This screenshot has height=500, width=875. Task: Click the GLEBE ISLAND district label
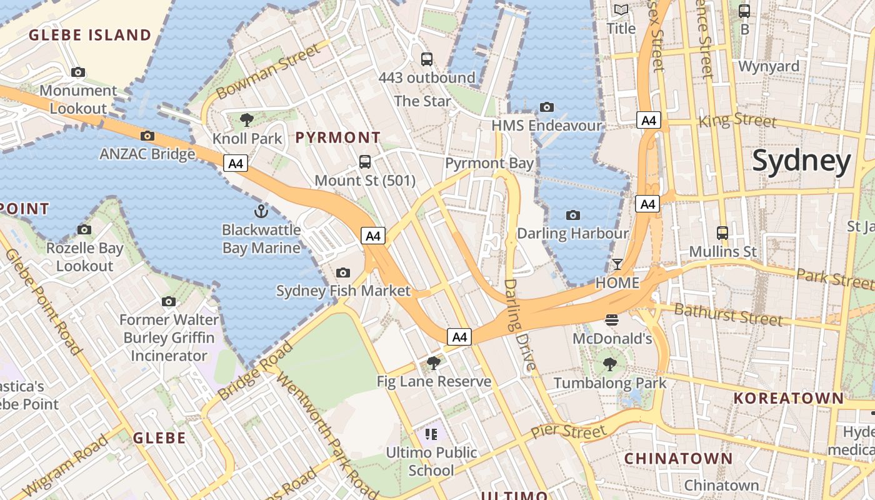pos(90,35)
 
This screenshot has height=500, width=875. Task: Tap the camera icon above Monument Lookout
pos(78,72)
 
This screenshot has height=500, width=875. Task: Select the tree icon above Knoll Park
pos(247,119)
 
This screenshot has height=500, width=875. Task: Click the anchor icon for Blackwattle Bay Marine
pos(261,211)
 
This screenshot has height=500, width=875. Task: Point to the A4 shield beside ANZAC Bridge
pos(236,164)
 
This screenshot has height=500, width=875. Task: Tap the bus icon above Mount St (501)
pos(365,162)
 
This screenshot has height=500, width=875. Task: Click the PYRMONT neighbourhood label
pos(337,137)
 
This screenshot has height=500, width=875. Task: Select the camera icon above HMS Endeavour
pos(547,107)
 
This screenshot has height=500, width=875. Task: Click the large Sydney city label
pos(801,161)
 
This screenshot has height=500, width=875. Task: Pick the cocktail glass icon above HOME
pos(617,264)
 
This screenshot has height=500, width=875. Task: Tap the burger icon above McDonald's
pos(612,321)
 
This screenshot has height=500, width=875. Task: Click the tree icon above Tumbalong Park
pos(609,364)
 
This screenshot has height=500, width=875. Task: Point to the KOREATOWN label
pos(788,398)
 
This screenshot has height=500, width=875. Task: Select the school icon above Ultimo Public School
pos(431,434)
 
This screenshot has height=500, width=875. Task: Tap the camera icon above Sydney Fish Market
pos(343,272)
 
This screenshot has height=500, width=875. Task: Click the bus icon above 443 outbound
pos(427,59)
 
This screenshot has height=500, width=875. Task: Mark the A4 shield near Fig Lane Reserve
pos(459,337)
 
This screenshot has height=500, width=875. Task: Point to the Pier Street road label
pos(568,431)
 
